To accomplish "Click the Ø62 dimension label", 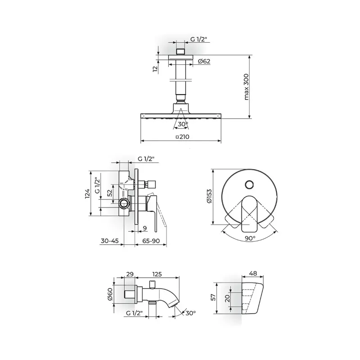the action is click(x=204, y=61).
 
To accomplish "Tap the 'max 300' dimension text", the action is click(x=246, y=87).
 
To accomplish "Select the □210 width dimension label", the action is click(x=183, y=137).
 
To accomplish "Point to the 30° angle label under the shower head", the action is click(x=183, y=124).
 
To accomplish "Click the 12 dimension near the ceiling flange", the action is click(x=155, y=69).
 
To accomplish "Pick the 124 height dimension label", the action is click(x=87, y=194).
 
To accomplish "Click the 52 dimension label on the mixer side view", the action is click(x=110, y=193).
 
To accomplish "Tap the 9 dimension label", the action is click(x=144, y=228).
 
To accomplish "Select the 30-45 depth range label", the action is click(x=109, y=241).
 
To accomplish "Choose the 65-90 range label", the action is click(x=151, y=241).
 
